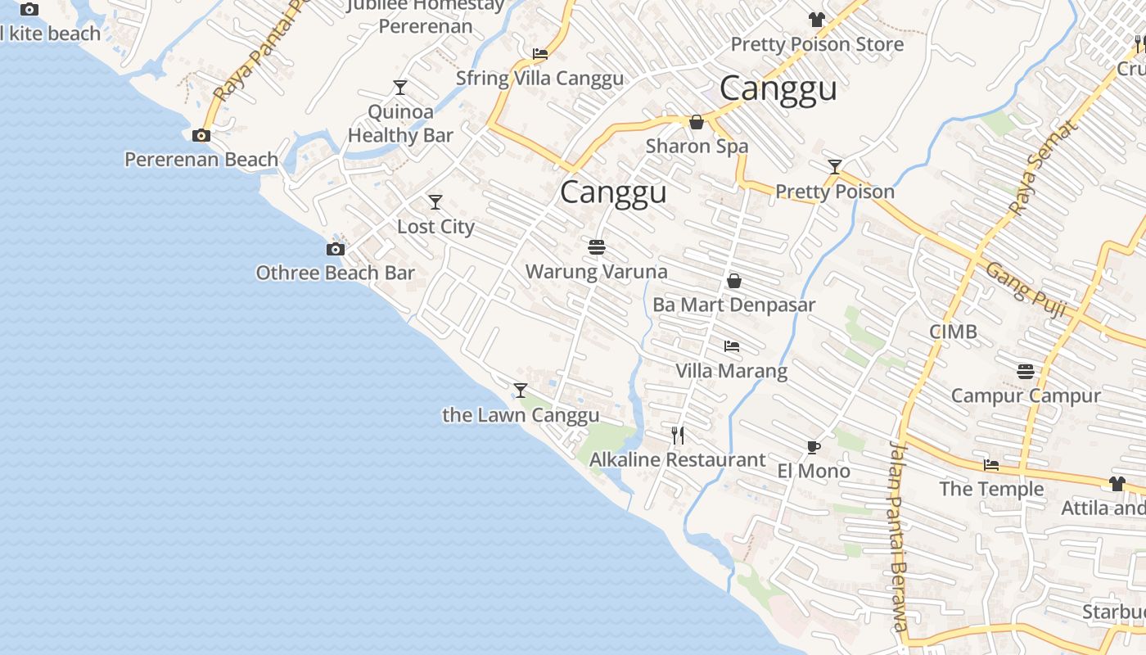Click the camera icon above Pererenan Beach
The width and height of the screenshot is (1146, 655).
point(201,136)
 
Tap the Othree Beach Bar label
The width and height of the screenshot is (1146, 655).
point(335,273)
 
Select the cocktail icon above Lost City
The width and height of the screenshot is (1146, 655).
point(435,202)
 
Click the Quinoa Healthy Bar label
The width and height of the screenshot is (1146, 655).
point(400,124)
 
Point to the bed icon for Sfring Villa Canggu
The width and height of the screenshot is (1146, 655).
point(540,54)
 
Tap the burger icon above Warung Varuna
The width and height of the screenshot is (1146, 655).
point(596,246)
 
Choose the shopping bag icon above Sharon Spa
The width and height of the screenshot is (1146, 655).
point(697,123)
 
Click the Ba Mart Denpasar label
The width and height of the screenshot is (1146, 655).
point(733,305)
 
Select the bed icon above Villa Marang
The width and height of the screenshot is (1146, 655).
point(732,346)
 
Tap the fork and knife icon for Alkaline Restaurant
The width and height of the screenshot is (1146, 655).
point(678,435)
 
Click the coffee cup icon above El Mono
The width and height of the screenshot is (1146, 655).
point(813,447)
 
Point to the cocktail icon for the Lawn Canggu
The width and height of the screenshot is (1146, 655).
point(521,391)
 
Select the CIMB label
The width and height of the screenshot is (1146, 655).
point(953,332)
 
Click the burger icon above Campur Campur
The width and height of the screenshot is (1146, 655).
point(1026,372)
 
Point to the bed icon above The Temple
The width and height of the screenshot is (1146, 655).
point(991,465)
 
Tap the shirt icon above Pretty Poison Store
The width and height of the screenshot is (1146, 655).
point(816,20)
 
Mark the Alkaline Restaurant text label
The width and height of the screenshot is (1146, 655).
point(678,459)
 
